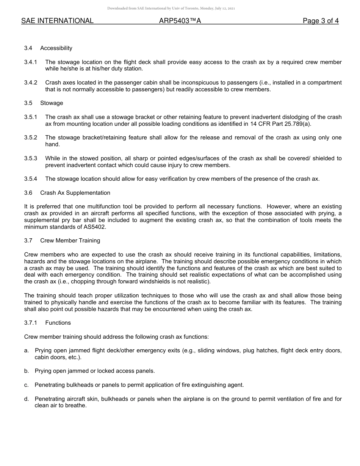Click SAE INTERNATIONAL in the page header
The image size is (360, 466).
[57, 21]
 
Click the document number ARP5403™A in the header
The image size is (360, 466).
[180, 21]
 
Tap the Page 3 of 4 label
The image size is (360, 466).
[321, 21]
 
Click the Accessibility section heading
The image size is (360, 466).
[56, 48]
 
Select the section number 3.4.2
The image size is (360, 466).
[31, 83]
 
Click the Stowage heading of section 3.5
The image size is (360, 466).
[52, 103]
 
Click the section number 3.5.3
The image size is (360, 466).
[31, 158]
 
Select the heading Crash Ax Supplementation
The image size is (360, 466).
[75, 193]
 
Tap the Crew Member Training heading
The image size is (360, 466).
[70, 241]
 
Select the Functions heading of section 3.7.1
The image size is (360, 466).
[58, 323]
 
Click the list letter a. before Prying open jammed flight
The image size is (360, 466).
[27, 350]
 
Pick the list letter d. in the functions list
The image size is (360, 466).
[27, 399]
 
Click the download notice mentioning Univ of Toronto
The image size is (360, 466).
[171, 8]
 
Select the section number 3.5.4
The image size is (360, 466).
[31, 179]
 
